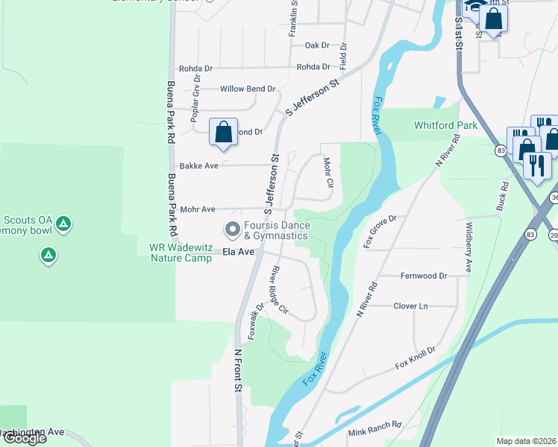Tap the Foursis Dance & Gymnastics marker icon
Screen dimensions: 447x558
232,229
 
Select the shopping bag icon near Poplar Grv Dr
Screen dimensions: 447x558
223,133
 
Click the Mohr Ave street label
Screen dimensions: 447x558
198,209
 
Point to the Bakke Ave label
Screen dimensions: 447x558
198,165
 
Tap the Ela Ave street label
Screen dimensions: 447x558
239,253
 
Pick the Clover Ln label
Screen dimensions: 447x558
410,306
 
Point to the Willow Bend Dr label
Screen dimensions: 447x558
248,89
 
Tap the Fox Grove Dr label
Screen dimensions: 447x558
379,231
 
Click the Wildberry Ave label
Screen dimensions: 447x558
468,245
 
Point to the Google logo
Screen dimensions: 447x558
24,438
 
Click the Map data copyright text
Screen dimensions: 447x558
527,441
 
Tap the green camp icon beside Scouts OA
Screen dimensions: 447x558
64,223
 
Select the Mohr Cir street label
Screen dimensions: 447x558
327,172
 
